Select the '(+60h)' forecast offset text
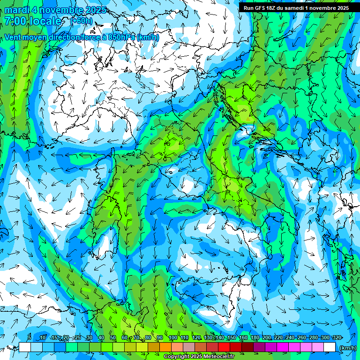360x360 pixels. click(x=82, y=21)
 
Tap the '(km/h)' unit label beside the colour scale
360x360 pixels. click(x=347, y=348)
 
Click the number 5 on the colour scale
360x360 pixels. click(x=30, y=337)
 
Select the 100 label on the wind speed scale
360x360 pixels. click(x=172, y=337)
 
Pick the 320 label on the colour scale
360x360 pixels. click(x=337, y=337)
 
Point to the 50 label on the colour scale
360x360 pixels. click(x=113, y=337)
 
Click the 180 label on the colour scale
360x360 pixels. click(x=255, y=337)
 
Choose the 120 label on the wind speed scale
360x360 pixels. click(x=196, y=337)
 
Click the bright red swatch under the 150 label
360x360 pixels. click(x=224, y=347)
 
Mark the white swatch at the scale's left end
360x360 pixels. click(x=25, y=347)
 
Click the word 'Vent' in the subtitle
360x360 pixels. click(x=13, y=37)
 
